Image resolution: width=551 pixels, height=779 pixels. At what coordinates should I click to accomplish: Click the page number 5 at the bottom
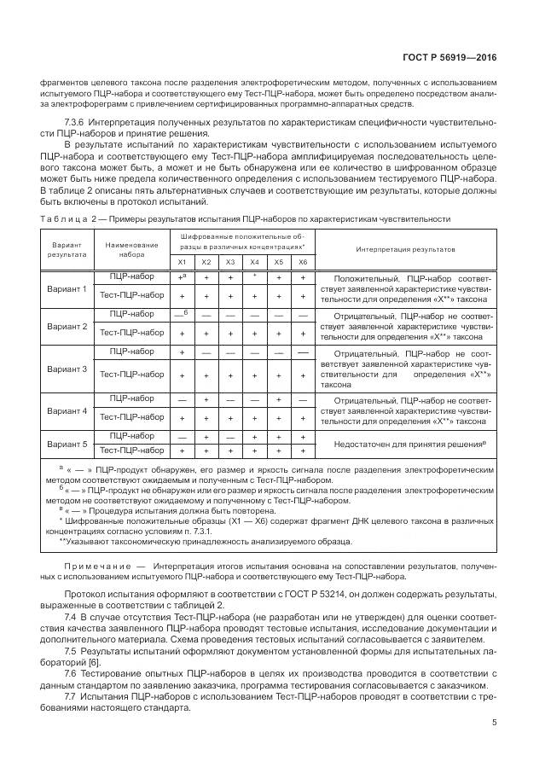pos(495,723)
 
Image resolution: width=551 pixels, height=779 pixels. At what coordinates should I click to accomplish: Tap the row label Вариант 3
pos(67,369)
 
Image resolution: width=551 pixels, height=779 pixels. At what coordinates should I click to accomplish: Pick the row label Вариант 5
pos(67,443)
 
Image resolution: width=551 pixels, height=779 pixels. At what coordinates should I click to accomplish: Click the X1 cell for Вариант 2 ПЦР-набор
pos(182,314)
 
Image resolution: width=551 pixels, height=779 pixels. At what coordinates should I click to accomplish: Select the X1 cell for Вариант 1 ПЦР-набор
pos(182,277)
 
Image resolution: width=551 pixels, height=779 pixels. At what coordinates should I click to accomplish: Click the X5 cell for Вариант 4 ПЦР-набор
pos(278,398)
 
